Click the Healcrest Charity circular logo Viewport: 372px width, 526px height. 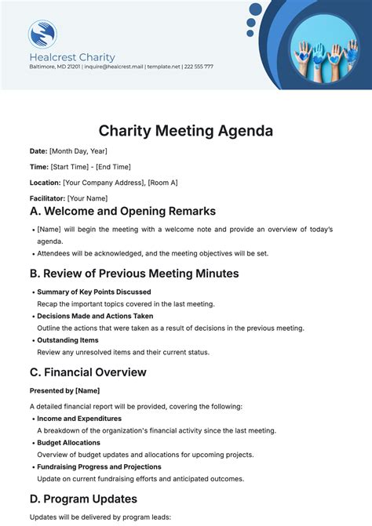(42, 34)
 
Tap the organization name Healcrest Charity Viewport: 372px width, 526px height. (72, 57)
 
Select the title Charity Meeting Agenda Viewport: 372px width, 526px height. (186, 129)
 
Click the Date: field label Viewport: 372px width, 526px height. (38, 151)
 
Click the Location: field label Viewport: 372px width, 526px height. (45, 183)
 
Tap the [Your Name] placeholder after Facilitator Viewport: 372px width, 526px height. (87, 198)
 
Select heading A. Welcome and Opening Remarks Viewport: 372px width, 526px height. (122, 212)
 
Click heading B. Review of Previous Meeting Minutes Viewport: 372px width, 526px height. (134, 274)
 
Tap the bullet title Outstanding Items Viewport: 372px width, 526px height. (67, 340)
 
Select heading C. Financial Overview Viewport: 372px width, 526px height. (88, 372)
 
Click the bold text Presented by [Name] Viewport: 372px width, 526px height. (64, 390)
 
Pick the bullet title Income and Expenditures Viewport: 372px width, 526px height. (79, 419)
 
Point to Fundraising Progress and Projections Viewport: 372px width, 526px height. (99, 467)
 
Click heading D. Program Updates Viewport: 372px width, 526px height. (83, 499)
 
